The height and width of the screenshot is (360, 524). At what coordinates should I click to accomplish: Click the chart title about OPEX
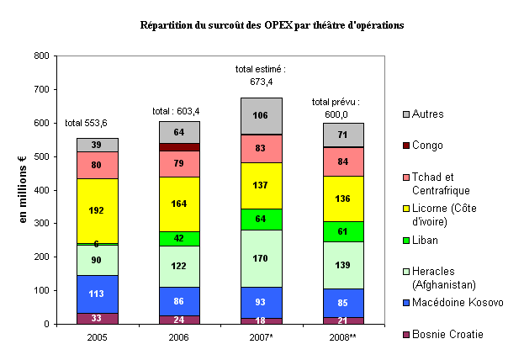click(272, 25)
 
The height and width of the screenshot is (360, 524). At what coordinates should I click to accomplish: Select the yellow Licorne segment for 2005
click(98, 210)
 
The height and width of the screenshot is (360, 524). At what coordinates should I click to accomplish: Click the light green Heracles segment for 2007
click(262, 258)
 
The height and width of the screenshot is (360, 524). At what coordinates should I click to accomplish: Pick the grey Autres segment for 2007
click(262, 115)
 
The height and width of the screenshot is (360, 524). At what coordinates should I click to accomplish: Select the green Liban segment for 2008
click(343, 231)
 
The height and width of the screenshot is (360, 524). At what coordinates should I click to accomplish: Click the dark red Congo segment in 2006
click(180, 147)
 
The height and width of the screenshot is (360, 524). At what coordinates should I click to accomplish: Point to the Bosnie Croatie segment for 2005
click(98, 319)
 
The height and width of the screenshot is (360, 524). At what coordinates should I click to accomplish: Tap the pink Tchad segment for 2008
click(343, 161)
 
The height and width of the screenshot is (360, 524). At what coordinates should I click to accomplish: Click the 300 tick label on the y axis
click(40, 224)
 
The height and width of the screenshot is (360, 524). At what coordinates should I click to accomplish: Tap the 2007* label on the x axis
click(262, 336)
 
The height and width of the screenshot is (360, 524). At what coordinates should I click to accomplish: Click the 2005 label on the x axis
click(98, 336)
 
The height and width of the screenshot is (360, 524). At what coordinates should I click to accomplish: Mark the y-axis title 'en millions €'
click(23, 189)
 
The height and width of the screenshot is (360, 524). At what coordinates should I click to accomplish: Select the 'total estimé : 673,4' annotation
click(262, 75)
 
